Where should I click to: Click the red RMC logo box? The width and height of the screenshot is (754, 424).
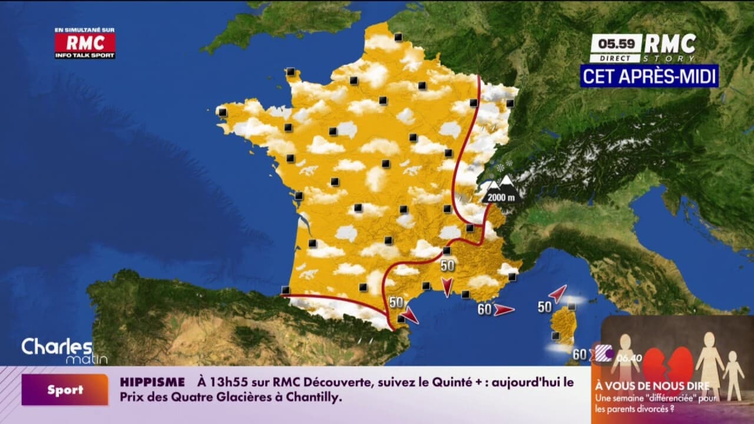(x=85, y=42)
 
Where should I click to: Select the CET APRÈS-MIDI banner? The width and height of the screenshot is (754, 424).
(x=649, y=76)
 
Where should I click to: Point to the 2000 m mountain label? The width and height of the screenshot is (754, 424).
(x=501, y=197)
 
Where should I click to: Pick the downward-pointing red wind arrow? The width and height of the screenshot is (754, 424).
(x=447, y=286)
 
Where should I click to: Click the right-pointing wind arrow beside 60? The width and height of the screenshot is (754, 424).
(x=504, y=309)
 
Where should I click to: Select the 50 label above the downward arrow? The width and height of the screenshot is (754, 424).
(x=448, y=266)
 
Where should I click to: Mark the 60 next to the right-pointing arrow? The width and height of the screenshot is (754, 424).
(x=484, y=309)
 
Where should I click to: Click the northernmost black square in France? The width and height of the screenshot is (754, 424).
(x=399, y=37)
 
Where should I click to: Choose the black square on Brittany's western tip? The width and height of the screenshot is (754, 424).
(x=223, y=112)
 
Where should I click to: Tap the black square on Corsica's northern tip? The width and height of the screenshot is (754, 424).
(x=571, y=307)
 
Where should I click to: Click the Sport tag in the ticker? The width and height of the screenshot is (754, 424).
(x=65, y=390)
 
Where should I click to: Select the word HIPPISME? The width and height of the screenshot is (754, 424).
(x=153, y=382)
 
